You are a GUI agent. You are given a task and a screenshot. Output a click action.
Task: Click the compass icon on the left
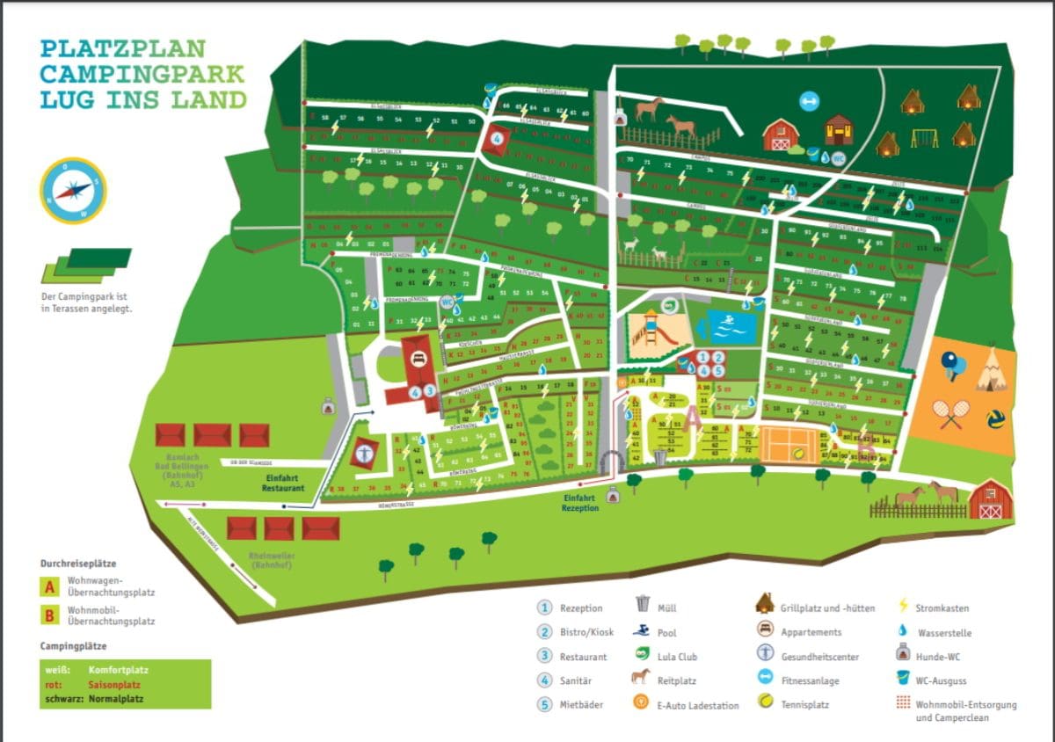73,190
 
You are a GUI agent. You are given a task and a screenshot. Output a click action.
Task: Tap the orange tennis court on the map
789,441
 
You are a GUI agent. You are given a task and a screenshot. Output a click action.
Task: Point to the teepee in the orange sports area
991,369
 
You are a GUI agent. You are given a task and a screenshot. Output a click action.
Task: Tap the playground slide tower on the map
651,328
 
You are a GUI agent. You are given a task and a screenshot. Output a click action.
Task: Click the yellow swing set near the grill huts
924,138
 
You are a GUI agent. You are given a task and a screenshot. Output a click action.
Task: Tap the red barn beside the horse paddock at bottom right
991,499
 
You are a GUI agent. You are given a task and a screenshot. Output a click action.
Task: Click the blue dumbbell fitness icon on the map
808,101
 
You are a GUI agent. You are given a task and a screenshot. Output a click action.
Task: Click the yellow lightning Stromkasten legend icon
902,607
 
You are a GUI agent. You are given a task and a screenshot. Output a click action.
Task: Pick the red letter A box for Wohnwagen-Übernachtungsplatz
51,587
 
